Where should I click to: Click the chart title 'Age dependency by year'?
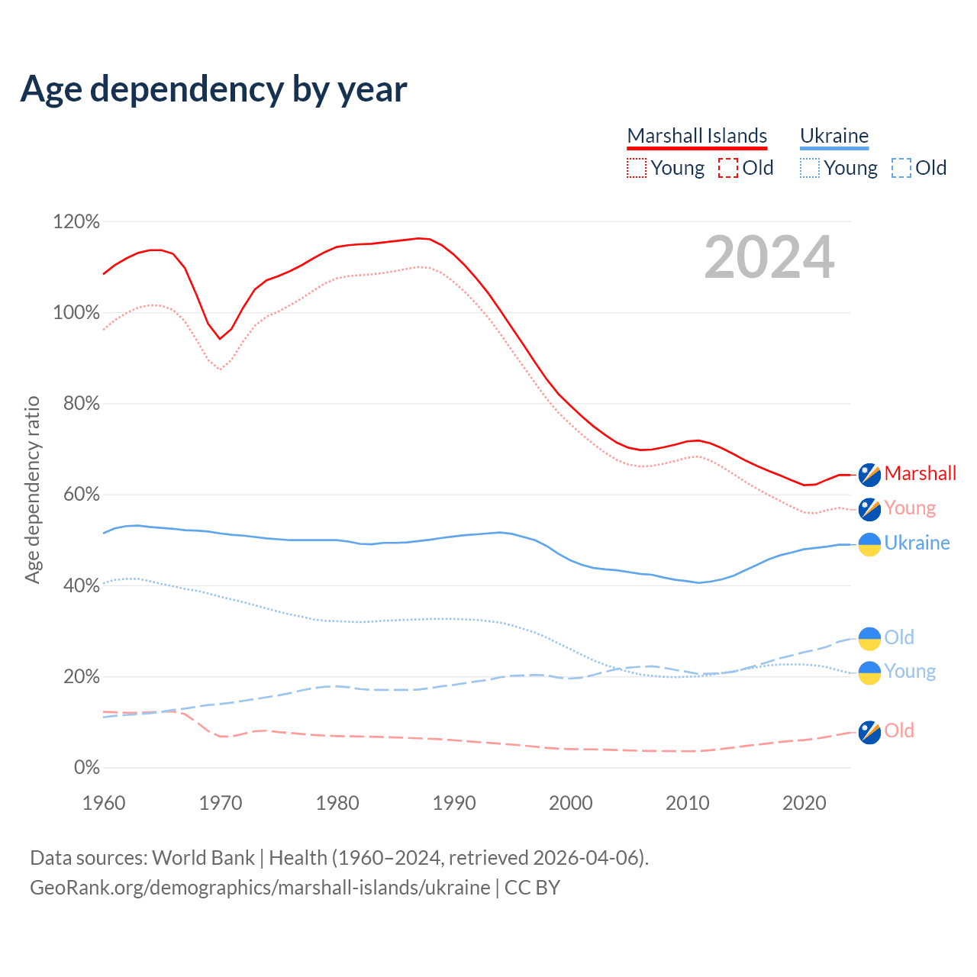pyautogui.click(x=214, y=89)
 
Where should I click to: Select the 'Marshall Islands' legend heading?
pyautogui.click(x=697, y=136)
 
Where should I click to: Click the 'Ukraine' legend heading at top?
pyautogui.click(x=834, y=136)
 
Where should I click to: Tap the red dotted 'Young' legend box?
pyautogui.click(x=637, y=168)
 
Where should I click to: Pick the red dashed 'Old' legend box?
pyautogui.click(x=728, y=168)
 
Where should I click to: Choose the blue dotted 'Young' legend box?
pyautogui.click(x=810, y=168)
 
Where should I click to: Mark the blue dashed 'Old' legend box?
pyautogui.click(x=901, y=168)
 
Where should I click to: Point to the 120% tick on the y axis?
pyautogui.click(x=76, y=222)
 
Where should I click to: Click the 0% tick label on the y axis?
pyautogui.click(x=87, y=768)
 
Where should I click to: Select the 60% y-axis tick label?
pyautogui.click(x=81, y=495)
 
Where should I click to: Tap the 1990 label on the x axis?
pyautogui.click(x=454, y=803)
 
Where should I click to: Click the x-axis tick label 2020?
pyautogui.click(x=804, y=803)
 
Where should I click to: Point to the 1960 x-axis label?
pyautogui.click(x=104, y=803)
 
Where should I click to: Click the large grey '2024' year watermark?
pyautogui.click(x=769, y=257)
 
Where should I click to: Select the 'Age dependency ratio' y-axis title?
pyautogui.click(x=32, y=489)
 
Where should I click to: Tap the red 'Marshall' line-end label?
pyautogui.click(x=921, y=473)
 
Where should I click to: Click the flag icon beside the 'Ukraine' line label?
pyautogui.click(x=869, y=544)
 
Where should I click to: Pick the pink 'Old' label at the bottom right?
pyautogui.click(x=899, y=730)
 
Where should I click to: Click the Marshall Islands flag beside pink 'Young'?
pyautogui.click(x=869, y=509)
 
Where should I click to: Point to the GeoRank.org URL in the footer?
pyautogui.click(x=260, y=888)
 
